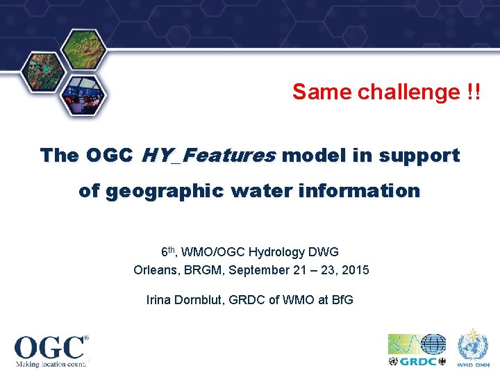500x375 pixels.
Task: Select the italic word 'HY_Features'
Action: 208,156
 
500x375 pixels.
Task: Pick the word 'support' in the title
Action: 419,156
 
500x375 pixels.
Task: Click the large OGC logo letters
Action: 49,347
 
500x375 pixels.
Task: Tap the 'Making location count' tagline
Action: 51,362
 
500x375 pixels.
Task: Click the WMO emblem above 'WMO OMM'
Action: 473,344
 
